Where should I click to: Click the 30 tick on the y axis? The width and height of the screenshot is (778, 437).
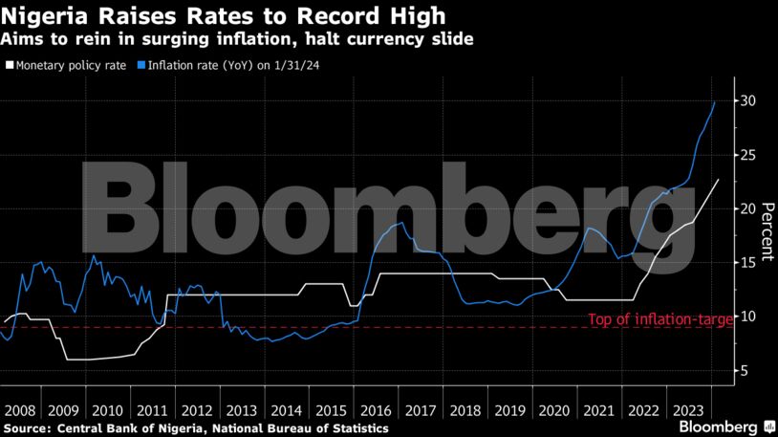[x=750, y=100]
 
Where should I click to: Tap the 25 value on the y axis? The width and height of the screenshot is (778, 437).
[x=750, y=155]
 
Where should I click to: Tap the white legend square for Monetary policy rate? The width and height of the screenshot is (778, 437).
[x=10, y=65]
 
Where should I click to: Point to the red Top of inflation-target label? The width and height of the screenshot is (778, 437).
[x=659, y=319]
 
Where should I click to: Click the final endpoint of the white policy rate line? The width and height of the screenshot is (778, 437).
[x=719, y=179]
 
